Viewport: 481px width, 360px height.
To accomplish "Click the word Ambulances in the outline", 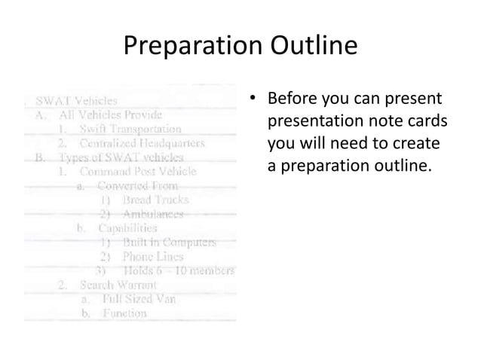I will click(x=153, y=214).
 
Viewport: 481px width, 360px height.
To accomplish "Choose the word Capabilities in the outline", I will click(x=127, y=227).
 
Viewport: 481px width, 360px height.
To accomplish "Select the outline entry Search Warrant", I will click(x=118, y=285).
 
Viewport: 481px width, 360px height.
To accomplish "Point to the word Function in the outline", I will click(x=124, y=313).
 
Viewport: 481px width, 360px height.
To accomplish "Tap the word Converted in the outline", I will click(x=125, y=185).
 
